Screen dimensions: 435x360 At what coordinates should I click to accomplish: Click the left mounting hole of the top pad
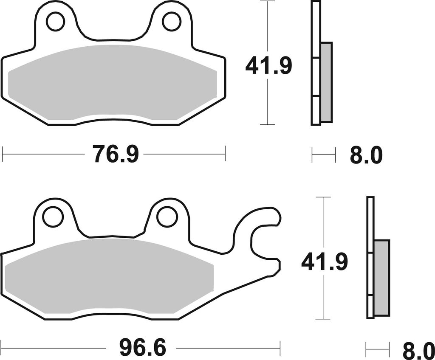pos(56,22)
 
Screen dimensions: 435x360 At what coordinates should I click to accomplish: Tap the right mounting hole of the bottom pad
pos(167,215)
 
